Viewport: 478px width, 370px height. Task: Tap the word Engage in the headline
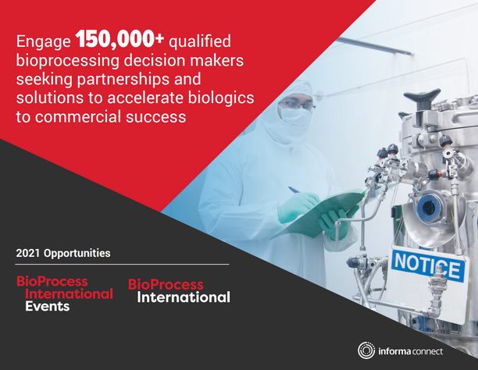43,42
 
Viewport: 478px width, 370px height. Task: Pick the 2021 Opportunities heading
62,254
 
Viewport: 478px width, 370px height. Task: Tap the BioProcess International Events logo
64,294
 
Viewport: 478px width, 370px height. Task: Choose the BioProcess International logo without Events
179,290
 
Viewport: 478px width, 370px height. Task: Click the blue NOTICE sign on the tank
426,266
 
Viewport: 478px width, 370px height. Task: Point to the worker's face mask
296,116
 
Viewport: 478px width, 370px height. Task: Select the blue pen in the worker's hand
295,190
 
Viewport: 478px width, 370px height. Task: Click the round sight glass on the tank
426,208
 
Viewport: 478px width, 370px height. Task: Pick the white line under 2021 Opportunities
122,264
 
